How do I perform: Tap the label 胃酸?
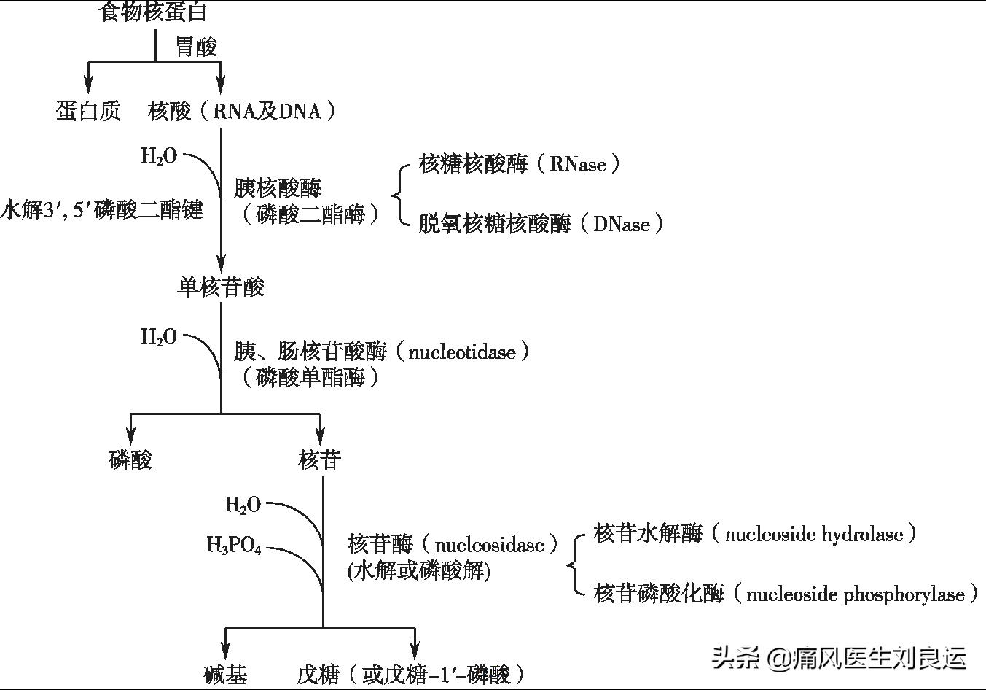tap(197, 47)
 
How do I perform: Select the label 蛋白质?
tap(88, 111)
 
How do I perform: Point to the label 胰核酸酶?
tap(278, 189)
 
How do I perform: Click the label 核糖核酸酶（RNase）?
tap(520, 164)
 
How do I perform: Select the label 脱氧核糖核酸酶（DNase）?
tap(541, 224)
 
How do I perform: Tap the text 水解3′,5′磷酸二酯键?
tap(101, 211)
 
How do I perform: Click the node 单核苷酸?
tap(221, 287)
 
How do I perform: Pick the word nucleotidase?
tap(462, 352)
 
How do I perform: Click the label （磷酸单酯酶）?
tap(310, 378)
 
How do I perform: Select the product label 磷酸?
tap(130, 460)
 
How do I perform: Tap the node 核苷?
tap(320, 460)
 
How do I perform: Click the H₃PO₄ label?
tap(234, 546)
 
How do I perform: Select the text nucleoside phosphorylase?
tap(856, 594)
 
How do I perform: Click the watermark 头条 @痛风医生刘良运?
tap(840, 658)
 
